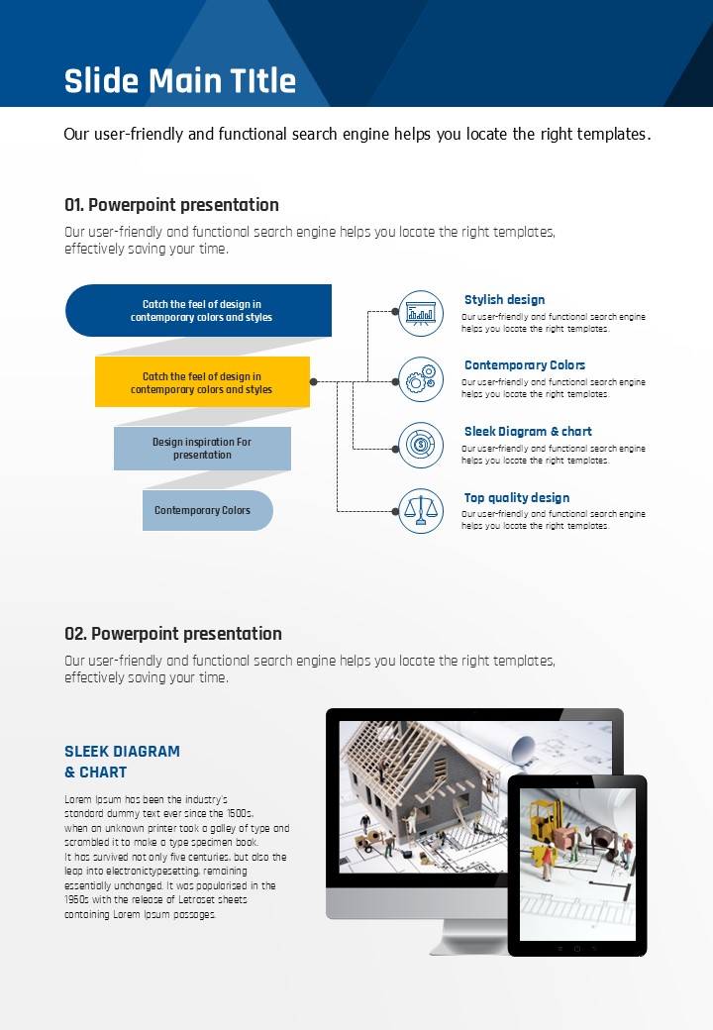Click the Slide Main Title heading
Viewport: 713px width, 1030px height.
(179, 80)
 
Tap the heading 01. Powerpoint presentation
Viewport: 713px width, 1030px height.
(171, 205)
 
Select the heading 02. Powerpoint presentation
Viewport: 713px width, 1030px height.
(172, 634)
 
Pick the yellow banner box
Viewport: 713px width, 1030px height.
(202, 382)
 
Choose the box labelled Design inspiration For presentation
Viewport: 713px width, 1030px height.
(202, 449)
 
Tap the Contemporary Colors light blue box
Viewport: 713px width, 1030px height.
(206, 510)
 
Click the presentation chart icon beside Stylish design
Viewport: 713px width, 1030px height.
(420, 313)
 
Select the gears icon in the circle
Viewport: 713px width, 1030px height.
(420, 378)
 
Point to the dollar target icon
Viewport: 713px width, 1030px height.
(420, 445)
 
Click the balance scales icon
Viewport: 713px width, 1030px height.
(420, 511)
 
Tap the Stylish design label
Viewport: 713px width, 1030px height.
(504, 299)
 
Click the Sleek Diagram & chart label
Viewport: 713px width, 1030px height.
(528, 432)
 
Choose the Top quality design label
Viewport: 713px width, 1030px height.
(517, 498)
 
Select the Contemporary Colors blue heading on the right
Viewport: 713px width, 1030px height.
(525, 365)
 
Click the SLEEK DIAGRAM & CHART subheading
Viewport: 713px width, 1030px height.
(122, 762)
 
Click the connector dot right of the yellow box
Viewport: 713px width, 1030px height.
(314, 381)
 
